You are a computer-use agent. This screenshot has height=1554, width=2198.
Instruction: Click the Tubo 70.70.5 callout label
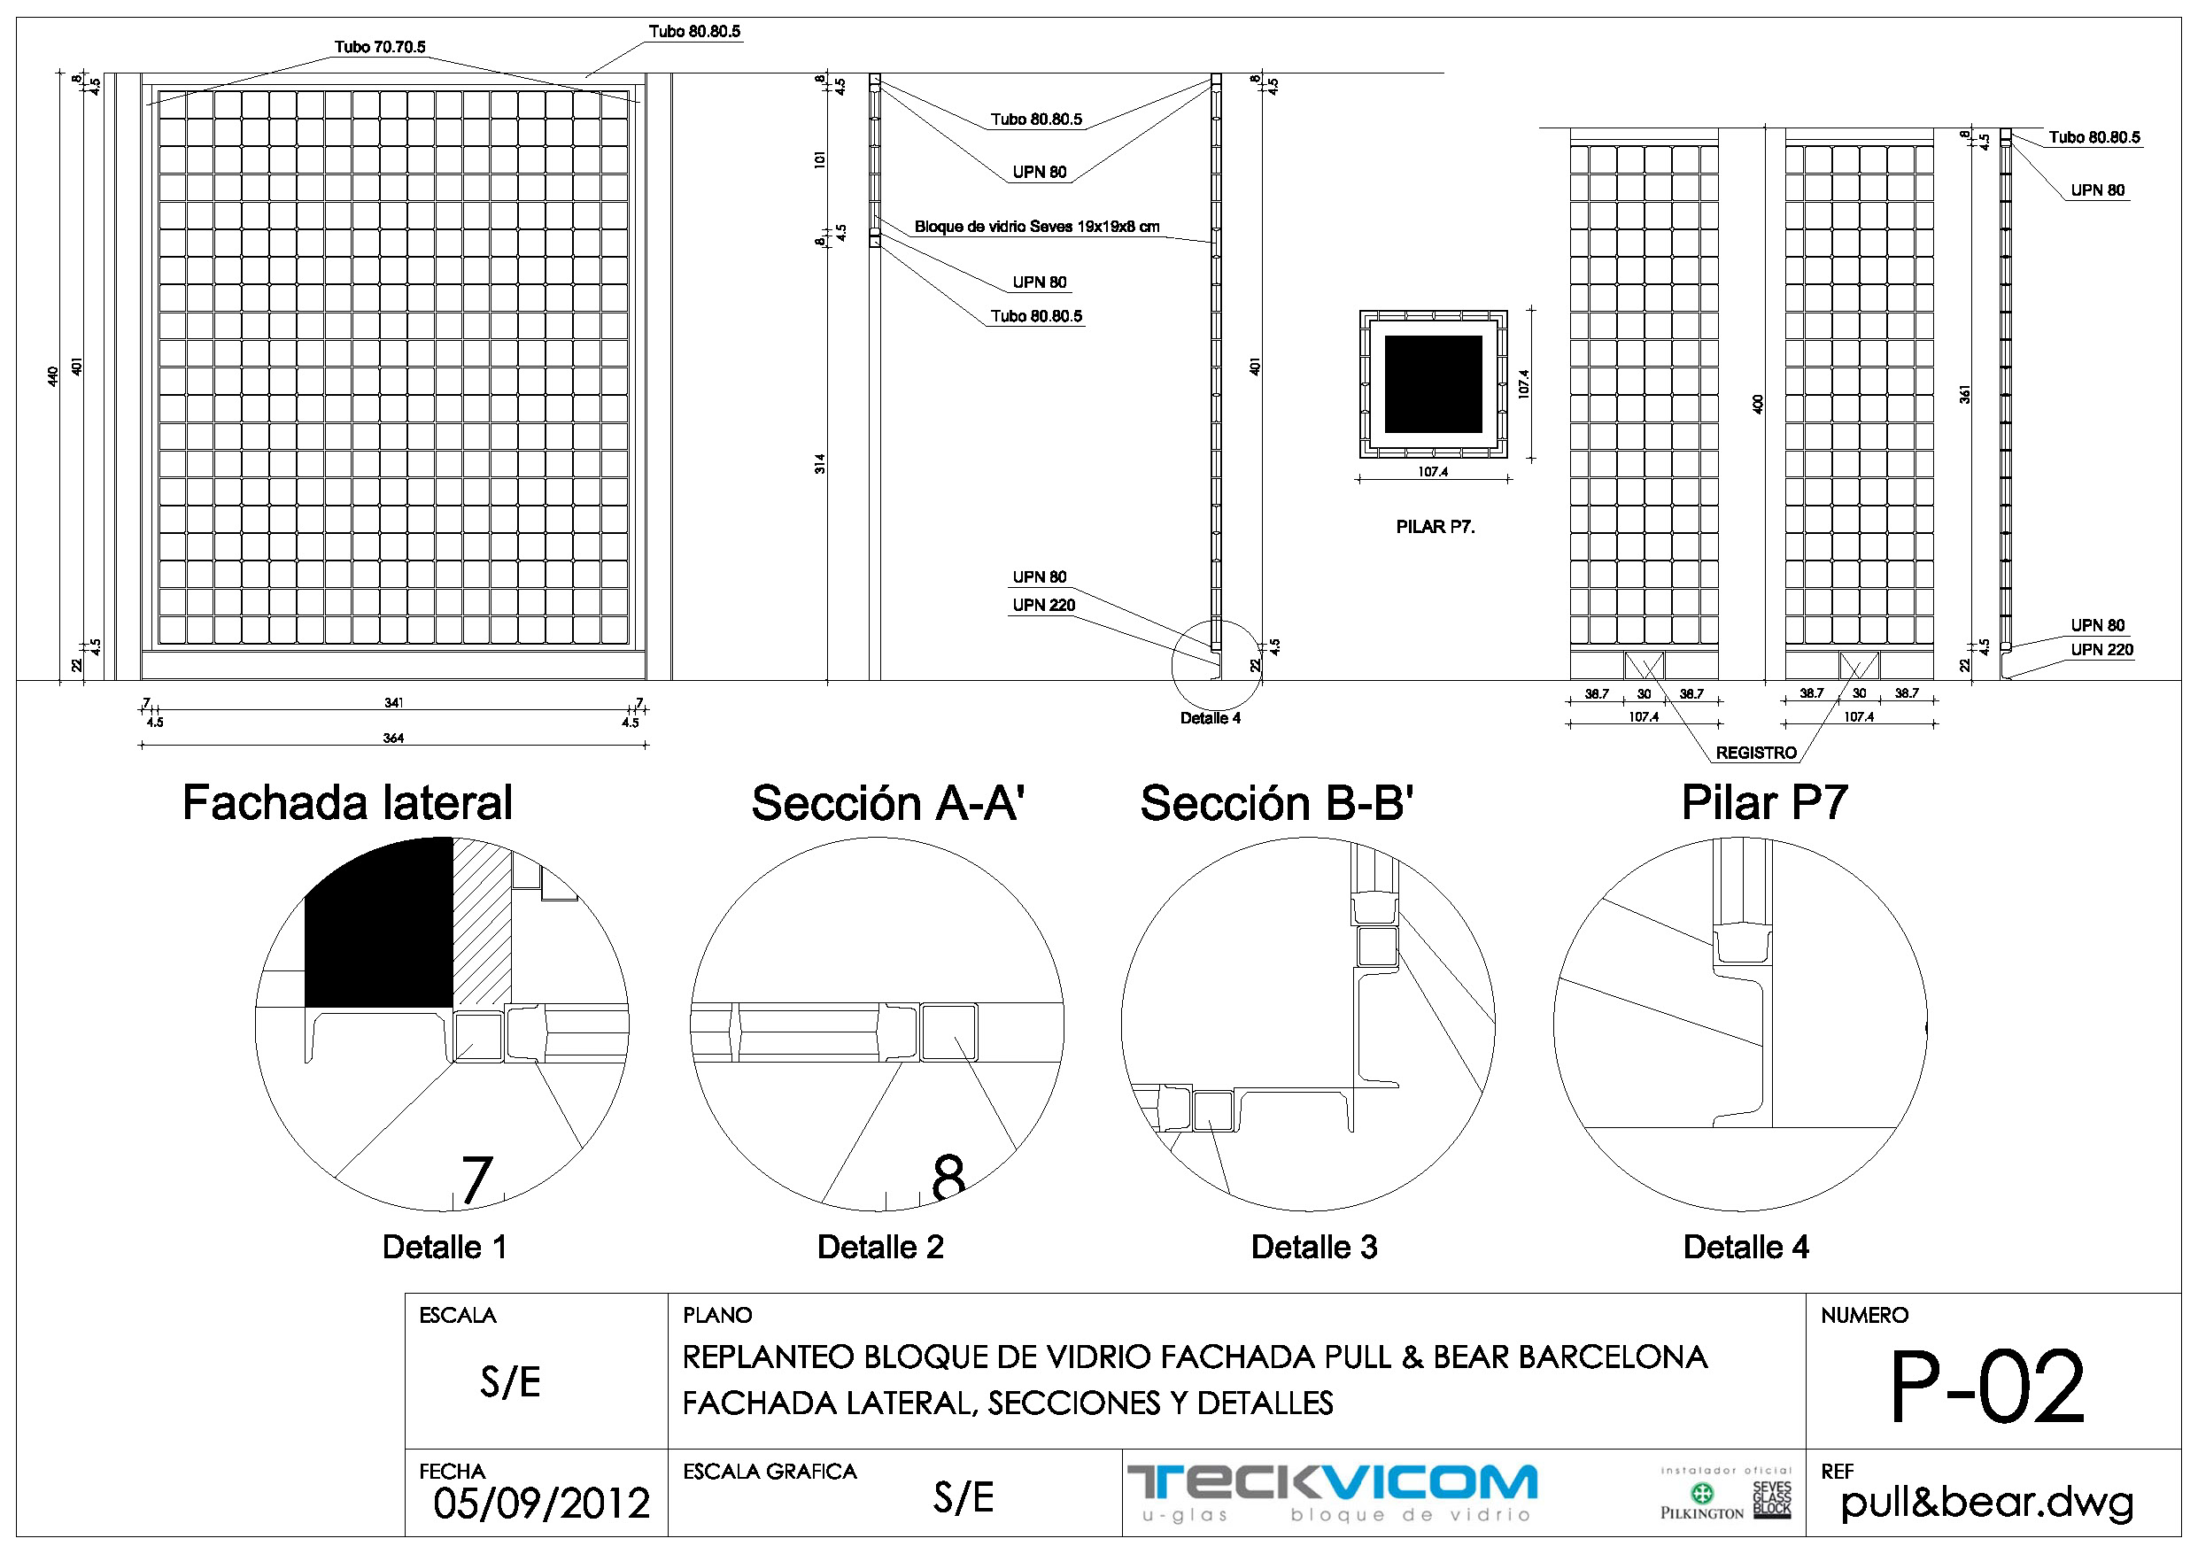(379, 47)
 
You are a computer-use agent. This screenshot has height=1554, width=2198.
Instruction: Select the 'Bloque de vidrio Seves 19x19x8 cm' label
(1036, 227)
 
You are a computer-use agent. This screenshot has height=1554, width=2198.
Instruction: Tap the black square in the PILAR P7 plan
(1432, 384)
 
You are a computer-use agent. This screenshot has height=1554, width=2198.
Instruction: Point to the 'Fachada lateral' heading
(347, 802)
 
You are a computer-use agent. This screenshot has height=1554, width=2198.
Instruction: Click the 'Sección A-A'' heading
(887, 802)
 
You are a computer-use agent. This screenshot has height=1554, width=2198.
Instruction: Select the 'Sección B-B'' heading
(1276, 802)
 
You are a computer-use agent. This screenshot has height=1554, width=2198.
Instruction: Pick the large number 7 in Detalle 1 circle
(476, 1179)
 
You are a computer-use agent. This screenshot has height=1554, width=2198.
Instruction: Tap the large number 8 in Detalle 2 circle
(948, 1177)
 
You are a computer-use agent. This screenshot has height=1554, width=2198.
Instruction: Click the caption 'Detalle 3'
(1313, 1247)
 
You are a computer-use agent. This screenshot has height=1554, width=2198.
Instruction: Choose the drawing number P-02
(1986, 1386)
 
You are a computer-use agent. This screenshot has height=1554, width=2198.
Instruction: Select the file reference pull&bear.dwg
(1986, 1503)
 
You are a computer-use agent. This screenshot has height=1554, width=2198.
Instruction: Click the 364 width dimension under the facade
(393, 738)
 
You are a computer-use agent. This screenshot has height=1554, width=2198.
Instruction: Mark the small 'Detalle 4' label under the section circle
(1210, 718)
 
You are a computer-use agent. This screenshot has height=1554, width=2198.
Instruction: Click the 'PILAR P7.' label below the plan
(1434, 527)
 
